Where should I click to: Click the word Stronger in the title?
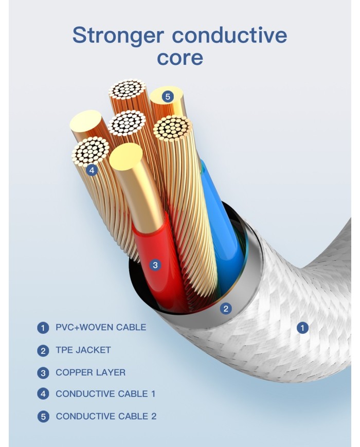(118, 35)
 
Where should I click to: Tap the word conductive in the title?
(229, 35)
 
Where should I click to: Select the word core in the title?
(179, 58)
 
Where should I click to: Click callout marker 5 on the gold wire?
(167, 96)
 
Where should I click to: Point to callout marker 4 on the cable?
(92, 170)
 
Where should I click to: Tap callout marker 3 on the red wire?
(156, 265)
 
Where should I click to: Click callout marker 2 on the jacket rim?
(226, 309)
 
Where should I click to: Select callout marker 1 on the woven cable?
(303, 327)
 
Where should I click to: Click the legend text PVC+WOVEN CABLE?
(101, 327)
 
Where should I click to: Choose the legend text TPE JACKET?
(83, 350)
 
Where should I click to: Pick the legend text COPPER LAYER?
(91, 372)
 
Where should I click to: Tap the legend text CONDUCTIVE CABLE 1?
(105, 394)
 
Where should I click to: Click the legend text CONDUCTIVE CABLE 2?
(106, 416)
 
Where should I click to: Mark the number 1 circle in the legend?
(43, 328)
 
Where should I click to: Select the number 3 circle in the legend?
(43, 372)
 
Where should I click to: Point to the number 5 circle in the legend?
(43, 417)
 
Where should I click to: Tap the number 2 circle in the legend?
(43, 350)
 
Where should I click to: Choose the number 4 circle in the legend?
(43, 395)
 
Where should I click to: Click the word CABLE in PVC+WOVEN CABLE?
(132, 327)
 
